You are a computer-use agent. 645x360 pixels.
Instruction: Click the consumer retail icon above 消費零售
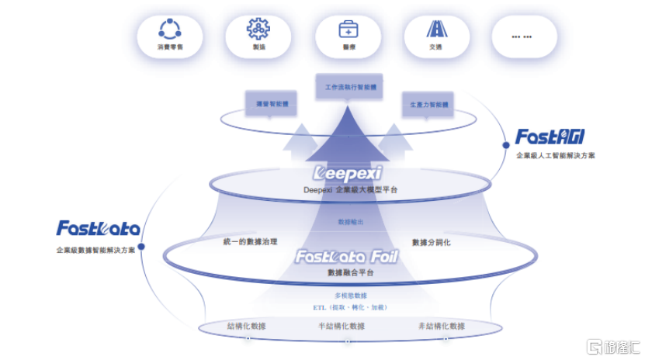pyautogui.click(x=169, y=29)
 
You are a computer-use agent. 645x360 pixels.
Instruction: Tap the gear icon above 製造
pyautogui.click(x=258, y=29)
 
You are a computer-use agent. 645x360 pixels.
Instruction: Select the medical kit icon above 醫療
pyautogui.click(x=348, y=29)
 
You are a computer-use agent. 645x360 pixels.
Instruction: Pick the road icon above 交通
pyautogui.click(x=435, y=29)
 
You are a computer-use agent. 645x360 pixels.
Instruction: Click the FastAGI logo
pyautogui.click(x=550, y=138)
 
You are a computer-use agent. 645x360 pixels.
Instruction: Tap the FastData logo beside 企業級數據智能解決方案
pyautogui.click(x=98, y=228)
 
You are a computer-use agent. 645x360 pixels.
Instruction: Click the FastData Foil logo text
pyautogui.click(x=346, y=256)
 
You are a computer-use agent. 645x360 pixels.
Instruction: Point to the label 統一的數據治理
pyautogui.click(x=250, y=242)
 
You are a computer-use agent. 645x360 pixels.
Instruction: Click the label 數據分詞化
pyautogui.click(x=431, y=242)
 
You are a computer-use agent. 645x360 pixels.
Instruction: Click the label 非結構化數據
pyautogui.click(x=441, y=326)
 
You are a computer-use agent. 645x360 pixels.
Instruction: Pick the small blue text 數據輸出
pyautogui.click(x=350, y=222)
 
